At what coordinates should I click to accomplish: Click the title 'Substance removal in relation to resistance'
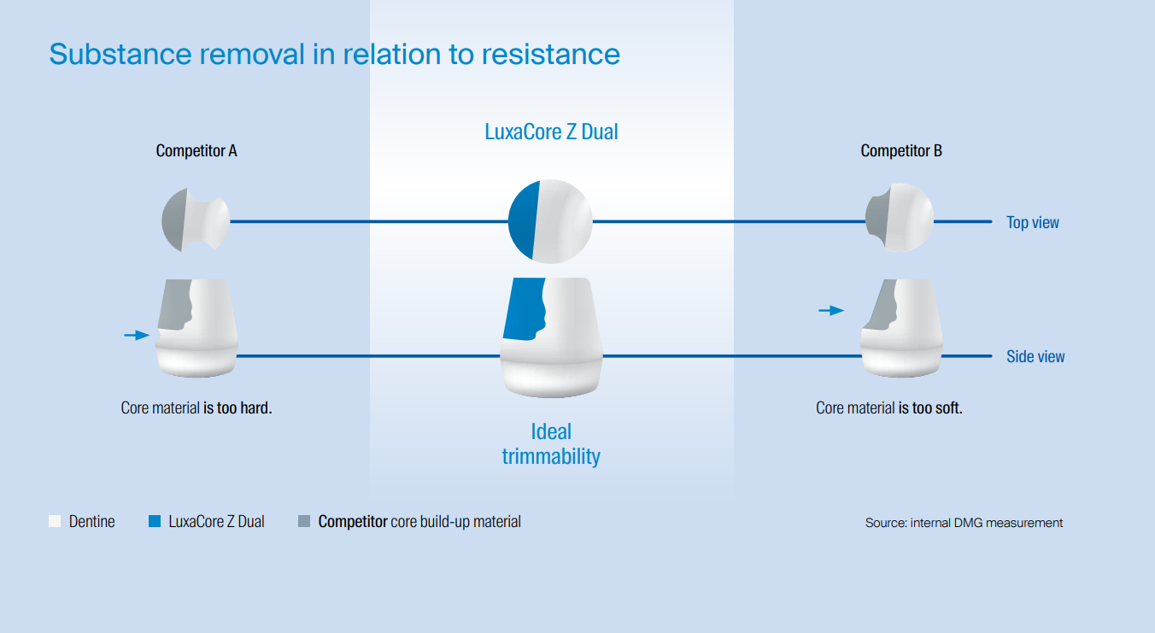(x=334, y=54)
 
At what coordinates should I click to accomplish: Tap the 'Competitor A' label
(x=196, y=151)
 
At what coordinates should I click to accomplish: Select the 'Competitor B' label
(x=901, y=151)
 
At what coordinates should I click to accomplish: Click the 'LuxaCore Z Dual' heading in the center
(x=551, y=132)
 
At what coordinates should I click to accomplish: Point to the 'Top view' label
(x=1032, y=223)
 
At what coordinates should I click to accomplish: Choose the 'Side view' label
(x=1035, y=357)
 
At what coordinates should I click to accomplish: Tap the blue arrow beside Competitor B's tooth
(x=830, y=310)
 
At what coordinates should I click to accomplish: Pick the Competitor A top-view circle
(x=196, y=220)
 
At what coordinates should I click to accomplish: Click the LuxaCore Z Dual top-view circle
(x=550, y=220)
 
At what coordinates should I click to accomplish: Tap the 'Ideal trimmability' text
(x=551, y=443)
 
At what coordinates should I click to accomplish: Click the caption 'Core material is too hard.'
(x=196, y=408)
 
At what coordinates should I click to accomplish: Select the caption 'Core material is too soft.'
(x=888, y=408)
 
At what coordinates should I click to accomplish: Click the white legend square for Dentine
(x=56, y=521)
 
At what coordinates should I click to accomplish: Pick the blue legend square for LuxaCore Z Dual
(x=155, y=521)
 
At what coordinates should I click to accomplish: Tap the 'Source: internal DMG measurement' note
(x=964, y=523)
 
